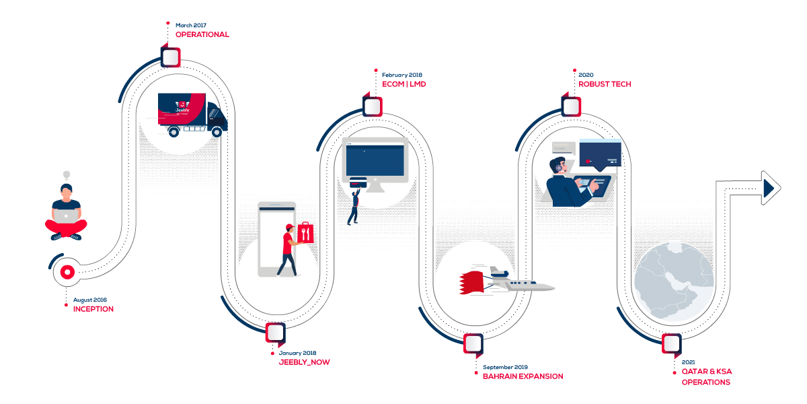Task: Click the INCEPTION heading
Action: [93, 309]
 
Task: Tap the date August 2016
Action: [90, 300]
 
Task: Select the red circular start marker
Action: [67, 272]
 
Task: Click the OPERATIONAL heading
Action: [202, 34]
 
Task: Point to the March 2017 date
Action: [191, 25]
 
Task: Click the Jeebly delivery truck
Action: [192, 114]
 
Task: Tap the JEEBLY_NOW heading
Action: [304, 362]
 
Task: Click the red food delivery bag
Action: [305, 234]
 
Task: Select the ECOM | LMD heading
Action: [403, 84]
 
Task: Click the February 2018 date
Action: [402, 75]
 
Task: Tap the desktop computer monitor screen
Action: [375, 160]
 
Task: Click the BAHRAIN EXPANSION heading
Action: [523, 376]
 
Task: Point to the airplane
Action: [521, 281]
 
